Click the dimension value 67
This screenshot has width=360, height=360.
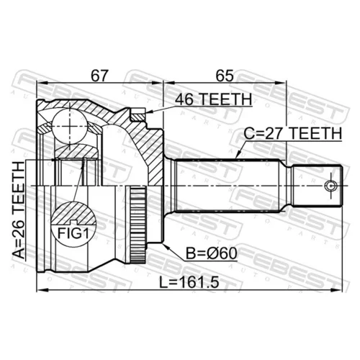(x=99, y=76)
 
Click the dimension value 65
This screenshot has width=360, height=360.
(x=225, y=76)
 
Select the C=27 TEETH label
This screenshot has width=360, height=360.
(x=293, y=133)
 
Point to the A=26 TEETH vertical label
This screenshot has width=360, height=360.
(x=19, y=210)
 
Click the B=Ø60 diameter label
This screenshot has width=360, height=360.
(x=212, y=253)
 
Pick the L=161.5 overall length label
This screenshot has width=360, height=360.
(x=189, y=282)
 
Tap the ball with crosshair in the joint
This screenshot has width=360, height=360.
(x=70, y=126)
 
